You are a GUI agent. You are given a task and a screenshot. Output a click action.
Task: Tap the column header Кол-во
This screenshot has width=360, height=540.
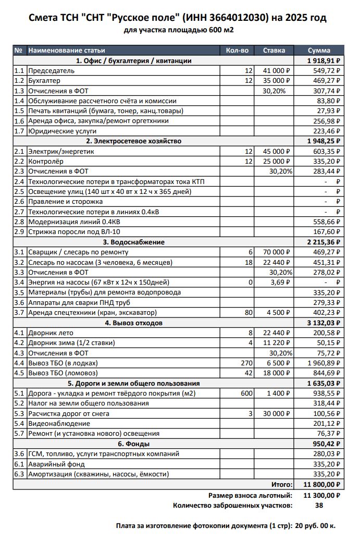pos(237,51)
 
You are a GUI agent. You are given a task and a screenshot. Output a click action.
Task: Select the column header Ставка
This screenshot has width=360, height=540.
pos(274,51)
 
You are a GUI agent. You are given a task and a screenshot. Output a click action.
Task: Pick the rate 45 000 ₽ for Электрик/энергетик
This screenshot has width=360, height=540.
pos(280,151)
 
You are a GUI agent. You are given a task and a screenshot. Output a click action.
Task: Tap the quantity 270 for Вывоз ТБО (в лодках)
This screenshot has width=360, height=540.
pos(246,363)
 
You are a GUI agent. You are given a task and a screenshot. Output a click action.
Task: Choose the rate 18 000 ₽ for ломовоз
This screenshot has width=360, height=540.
pos(280,373)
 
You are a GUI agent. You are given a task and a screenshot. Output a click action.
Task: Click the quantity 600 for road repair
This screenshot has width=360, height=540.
pos(246,393)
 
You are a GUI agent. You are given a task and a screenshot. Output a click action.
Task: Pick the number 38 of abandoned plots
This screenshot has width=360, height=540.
pos(320,505)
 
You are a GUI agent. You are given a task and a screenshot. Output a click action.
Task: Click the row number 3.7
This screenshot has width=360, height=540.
pos(19,312)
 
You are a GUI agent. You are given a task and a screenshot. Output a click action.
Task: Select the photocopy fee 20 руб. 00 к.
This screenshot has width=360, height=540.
pos(316,526)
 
